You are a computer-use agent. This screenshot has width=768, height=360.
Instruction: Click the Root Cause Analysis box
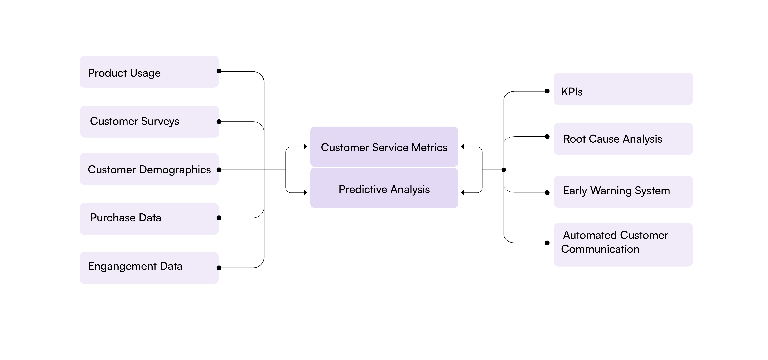[x=623, y=139]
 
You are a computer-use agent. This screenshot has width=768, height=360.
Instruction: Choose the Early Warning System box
[x=623, y=192]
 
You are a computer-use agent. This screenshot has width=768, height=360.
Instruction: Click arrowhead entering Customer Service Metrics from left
[x=306, y=147]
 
